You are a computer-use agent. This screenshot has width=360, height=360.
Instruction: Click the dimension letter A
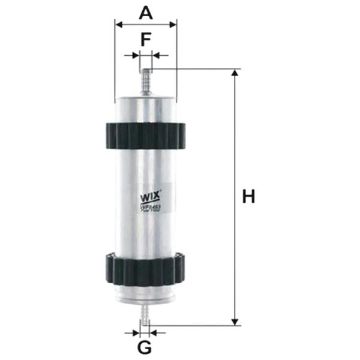(145, 11)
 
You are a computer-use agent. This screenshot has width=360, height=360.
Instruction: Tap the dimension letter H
(249, 196)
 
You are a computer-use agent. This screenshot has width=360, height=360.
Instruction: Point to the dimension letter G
(145, 347)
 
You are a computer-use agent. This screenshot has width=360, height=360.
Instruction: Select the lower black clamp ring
(146, 269)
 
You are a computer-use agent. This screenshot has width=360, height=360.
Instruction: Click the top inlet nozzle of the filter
(145, 80)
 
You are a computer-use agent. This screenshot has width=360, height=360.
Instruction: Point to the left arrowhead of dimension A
(118, 25)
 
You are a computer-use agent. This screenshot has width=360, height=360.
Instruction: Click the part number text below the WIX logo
(149, 208)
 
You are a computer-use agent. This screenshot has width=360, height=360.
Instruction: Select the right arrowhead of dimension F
(155, 55)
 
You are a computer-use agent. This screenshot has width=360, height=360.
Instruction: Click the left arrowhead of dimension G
(136, 331)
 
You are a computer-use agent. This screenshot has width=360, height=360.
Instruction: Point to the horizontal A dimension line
(145, 25)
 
